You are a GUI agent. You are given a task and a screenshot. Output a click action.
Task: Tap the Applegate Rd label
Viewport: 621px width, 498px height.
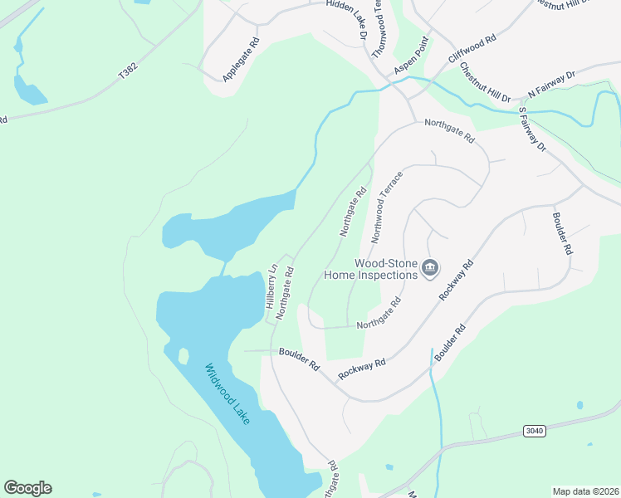click(x=242, y=59)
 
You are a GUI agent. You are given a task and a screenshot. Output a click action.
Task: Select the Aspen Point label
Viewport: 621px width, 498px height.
click(x=412, y=57)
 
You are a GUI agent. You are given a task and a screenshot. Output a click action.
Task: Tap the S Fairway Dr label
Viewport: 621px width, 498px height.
click(x=532, y=129)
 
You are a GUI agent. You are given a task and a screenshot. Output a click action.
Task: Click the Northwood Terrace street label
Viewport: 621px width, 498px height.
click(x=387, y=207)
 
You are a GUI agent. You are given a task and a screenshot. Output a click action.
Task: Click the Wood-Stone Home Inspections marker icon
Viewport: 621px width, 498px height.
click(x=430, y=267)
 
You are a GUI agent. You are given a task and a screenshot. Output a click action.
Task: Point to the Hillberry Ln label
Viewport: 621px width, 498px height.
click(x=270, y=286)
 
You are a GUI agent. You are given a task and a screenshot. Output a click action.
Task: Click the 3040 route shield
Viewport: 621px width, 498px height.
click(x=535, y=430)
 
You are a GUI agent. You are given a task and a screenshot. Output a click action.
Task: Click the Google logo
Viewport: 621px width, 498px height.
click(x=27, y=488)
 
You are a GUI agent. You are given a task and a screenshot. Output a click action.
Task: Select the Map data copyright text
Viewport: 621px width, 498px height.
click(x=584, y=491)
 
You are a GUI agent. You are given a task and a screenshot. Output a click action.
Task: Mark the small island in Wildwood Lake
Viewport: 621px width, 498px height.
click(x=183, y=356)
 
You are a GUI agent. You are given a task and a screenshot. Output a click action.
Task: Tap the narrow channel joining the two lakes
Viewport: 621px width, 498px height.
click(x=223, y=269)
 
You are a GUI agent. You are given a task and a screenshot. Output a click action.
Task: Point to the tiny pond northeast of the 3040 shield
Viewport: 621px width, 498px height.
click(x=579, y=405)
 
